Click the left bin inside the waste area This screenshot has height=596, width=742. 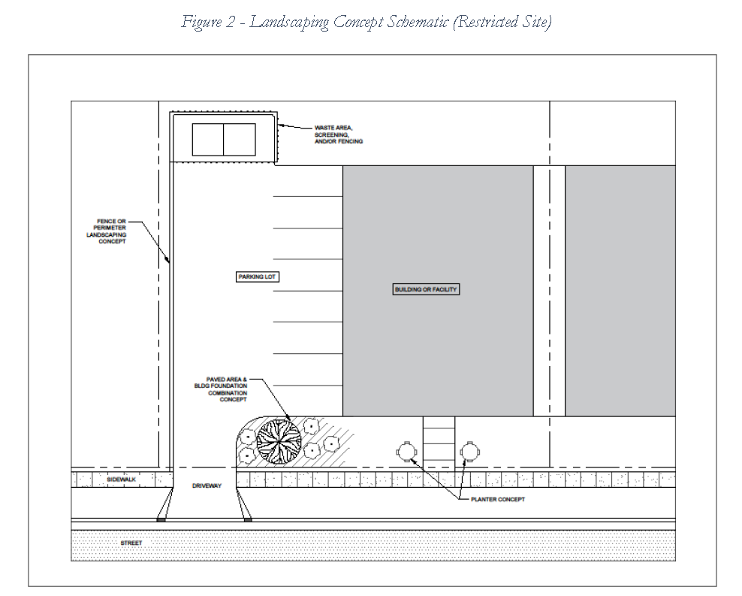tap(208, 140)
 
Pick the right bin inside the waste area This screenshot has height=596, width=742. tap(240, 140)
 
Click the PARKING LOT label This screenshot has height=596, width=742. tap(258, 277)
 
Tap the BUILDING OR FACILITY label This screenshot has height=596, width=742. tap(426, 289)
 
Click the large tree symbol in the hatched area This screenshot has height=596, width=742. tap(279, 440)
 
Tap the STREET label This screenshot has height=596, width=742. tap(131, 542)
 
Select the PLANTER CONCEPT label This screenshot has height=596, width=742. tap(496, 499)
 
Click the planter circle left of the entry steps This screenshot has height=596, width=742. tap(406, 452)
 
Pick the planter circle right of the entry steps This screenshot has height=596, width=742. tap(470, 452)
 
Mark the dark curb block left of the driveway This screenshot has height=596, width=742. tap(161, 519)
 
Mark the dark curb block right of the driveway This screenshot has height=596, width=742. tap(249, 519)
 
